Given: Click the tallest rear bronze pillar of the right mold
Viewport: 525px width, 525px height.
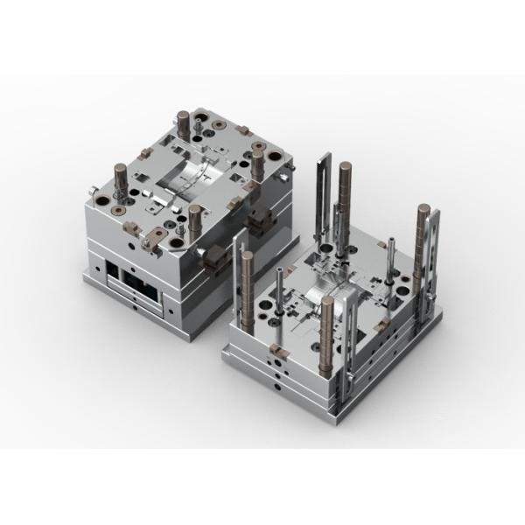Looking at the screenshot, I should tap(346, 188).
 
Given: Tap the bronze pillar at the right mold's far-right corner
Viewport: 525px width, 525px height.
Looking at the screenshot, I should tap(423, 236).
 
